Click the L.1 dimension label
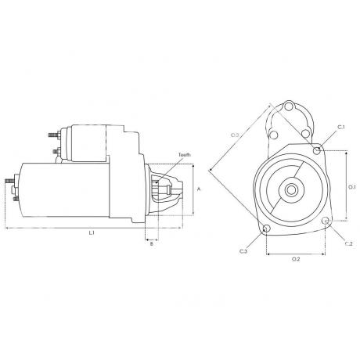pyautogui.click(x=92, y=233)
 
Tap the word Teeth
pyautogui.click(x=185, y=155)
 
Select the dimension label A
pyautogui.click(x=199, y=189)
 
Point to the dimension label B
pyautogui.click(x=152, y=244)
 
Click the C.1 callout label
pyautogui.click(x=341, y=127)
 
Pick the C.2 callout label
pyautogui.click(x=349, y=243)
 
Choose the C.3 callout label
pyautogui.click(x=243, y=251)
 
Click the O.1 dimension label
pyautogui.click(x=352, y=187)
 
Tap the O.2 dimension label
pyautogui.click(x=296, y=259)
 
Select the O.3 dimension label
pyautogui.click(x=235, y=135)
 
